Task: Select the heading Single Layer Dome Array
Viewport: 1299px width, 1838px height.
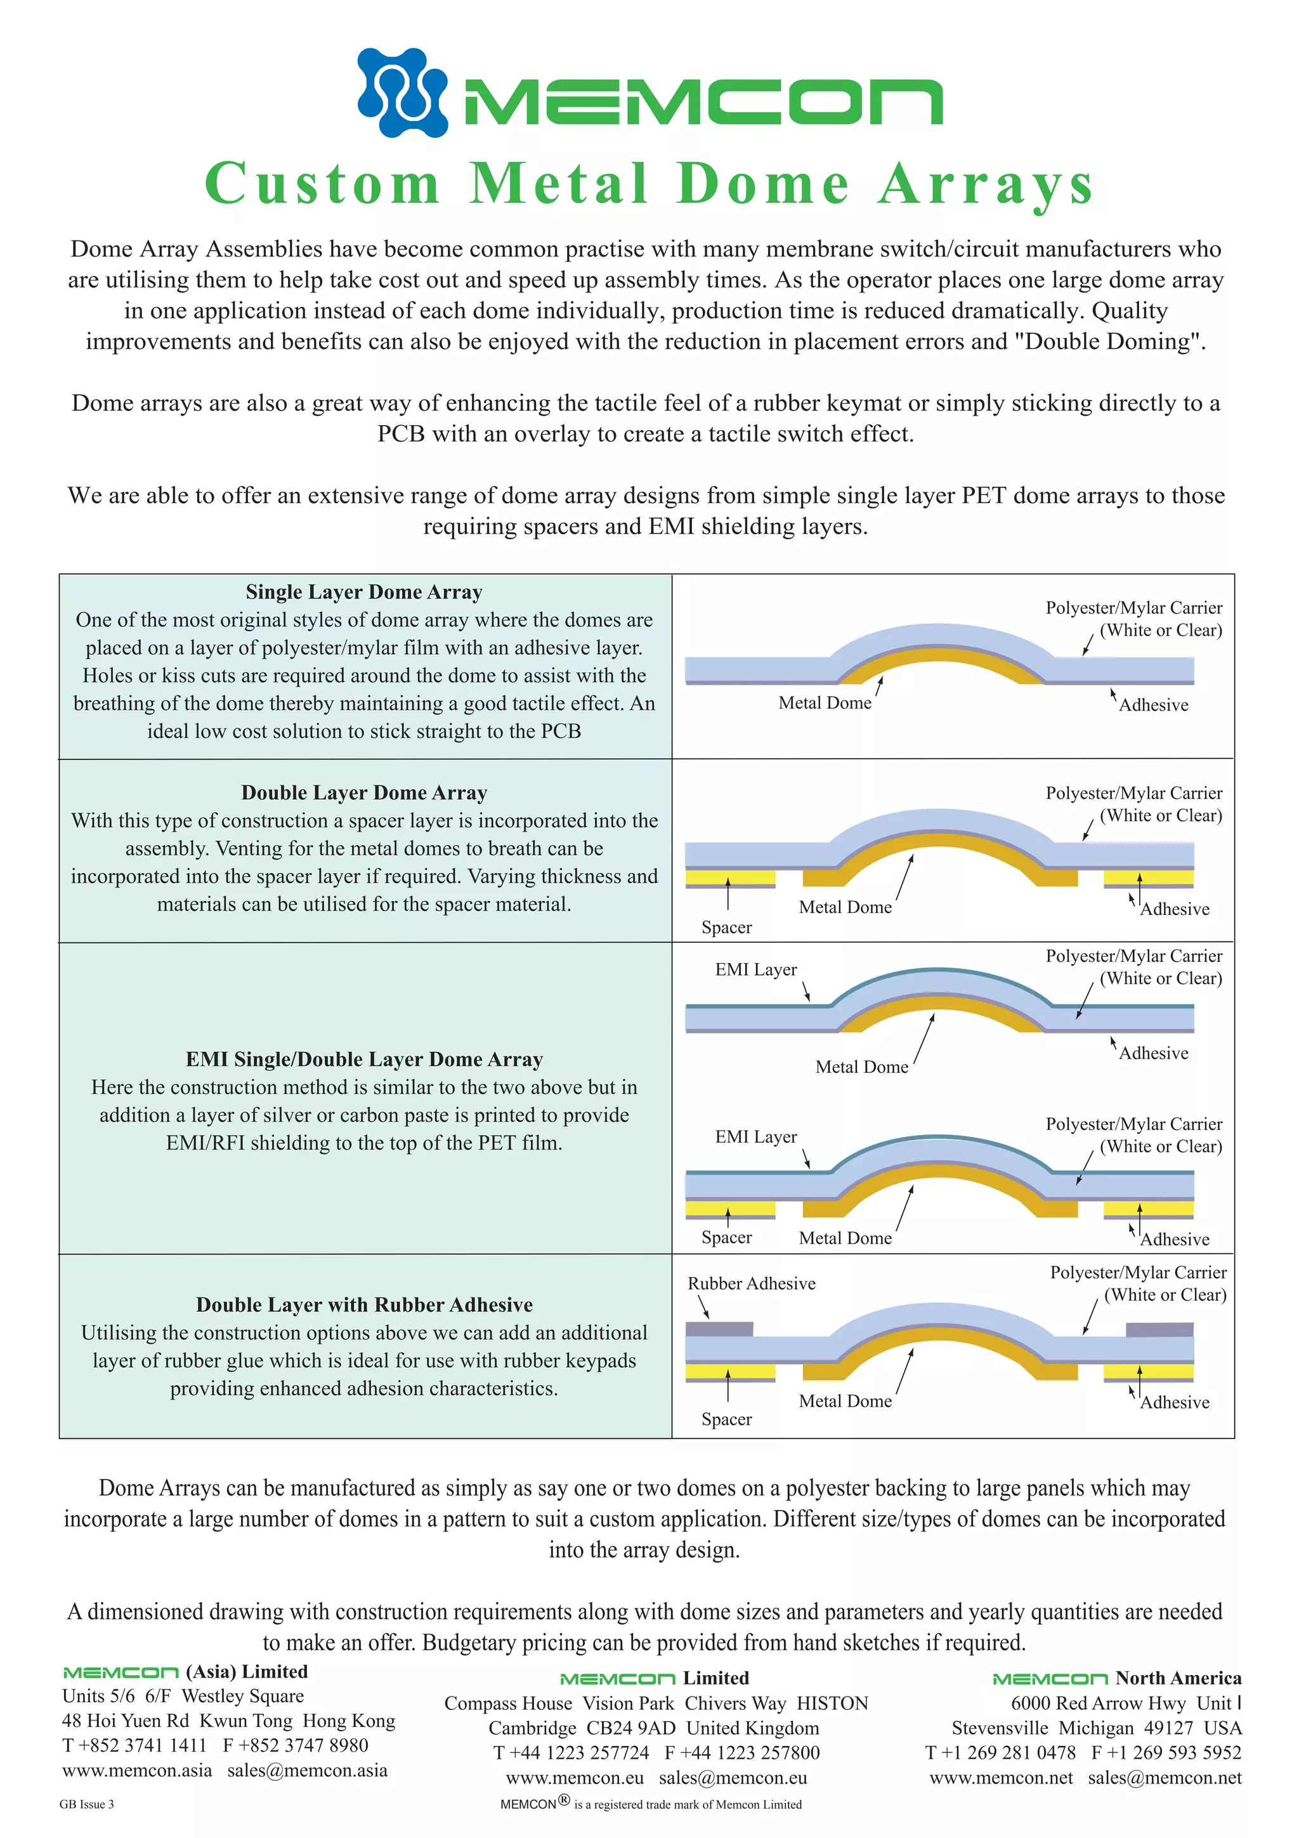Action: (364, 593)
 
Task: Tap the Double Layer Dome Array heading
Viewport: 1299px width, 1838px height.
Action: (364, 792)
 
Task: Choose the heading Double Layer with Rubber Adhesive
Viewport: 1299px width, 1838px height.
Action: (364, 1305)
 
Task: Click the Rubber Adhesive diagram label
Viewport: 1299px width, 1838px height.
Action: (752, 1284)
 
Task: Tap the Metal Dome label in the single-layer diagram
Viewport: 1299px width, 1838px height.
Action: (825, 703)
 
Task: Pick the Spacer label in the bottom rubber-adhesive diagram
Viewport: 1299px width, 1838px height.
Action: (726, 1419)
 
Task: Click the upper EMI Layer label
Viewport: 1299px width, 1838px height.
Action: (755, 970)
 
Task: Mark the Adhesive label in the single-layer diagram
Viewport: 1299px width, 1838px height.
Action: (1153, 706)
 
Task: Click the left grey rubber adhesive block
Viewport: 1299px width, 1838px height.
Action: (719, 1330)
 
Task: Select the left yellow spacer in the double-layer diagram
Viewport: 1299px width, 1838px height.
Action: (730, 878)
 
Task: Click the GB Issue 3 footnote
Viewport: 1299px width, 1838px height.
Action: (86, 1804)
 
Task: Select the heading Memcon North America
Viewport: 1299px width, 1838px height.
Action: (1116, 1678)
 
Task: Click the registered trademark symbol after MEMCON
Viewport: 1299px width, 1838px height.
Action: (565, 1801)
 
